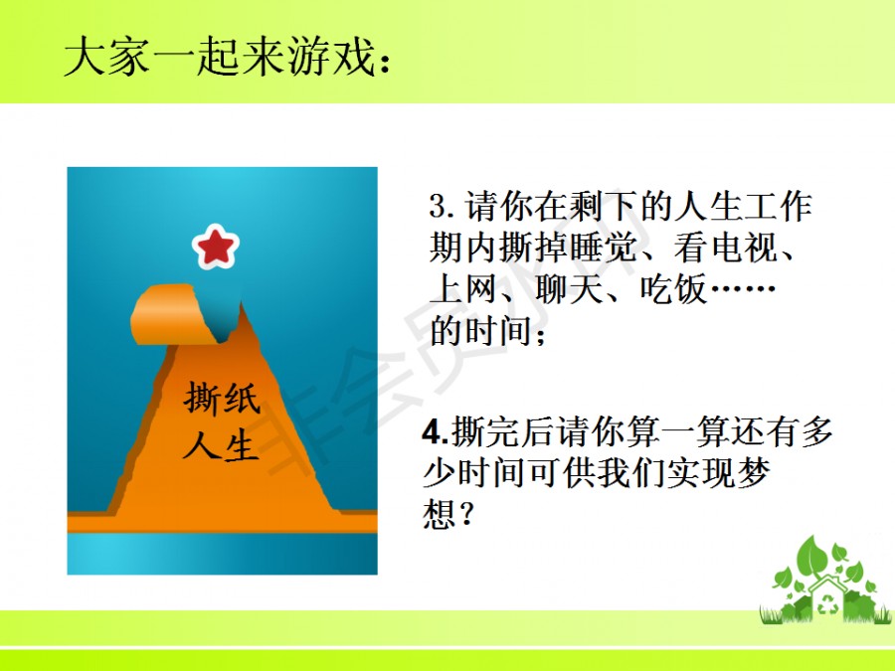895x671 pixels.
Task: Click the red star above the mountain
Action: coord(215,247)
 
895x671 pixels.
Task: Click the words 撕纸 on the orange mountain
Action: coord(222,398)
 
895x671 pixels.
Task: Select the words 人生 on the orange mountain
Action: coord(222,443)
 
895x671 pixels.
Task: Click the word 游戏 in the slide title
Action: coord(331,56)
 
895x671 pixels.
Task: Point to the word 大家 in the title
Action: coord(106,56)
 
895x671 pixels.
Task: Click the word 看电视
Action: coord(726,248)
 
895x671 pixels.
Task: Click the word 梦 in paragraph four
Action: coord(754,473)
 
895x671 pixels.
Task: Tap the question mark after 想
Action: coord(465,515)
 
